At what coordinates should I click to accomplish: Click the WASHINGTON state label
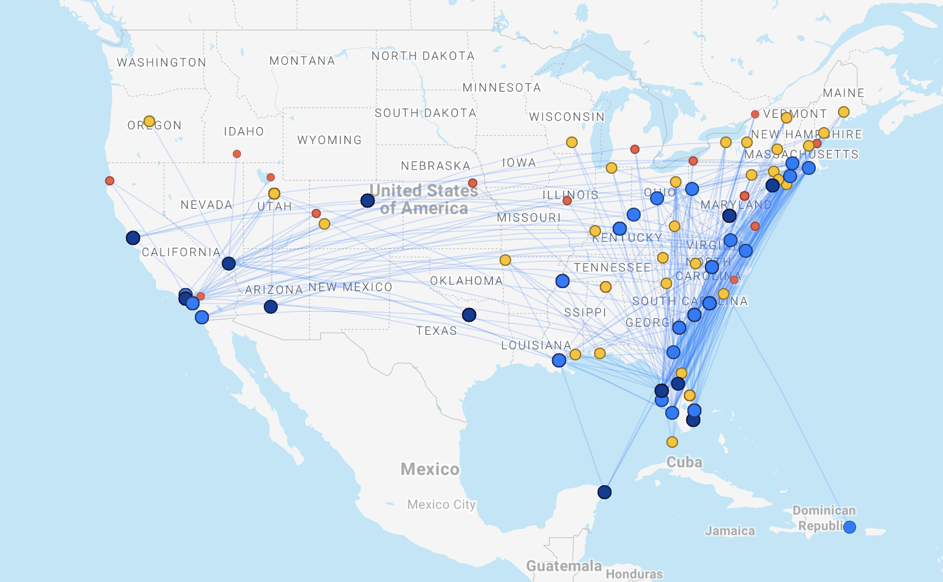click(x=162, y=62)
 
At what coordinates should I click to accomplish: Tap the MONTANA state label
click(x=302, y=61)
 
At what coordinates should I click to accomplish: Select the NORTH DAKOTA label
click(x=423, y=56)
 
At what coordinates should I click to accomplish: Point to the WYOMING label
click(x=330, y=140)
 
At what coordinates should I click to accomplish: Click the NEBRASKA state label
click(x=436, y=166)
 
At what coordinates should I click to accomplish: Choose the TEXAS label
click(x=436, y=331)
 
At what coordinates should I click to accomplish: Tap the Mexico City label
click(x=441, y=504)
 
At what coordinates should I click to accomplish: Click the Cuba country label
click(x=684, y=462)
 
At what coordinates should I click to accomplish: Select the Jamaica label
click(x=730, y=531)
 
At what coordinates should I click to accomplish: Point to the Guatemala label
click(x=564, y=566)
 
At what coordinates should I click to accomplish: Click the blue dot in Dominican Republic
click(x=850, y=527)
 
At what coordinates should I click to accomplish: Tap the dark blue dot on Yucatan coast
click(x=605, y=492)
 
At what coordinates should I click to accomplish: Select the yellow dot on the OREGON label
click(x=149, y=121)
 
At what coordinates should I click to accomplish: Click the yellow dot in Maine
click(x=844, y=112)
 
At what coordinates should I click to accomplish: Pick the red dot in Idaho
click(x=237, y=154)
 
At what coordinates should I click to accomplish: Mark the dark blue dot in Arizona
click(x=271, y=307)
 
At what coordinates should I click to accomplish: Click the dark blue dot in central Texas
click(x=469, y=315)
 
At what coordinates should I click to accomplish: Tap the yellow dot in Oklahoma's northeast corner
click(x=505, y=260)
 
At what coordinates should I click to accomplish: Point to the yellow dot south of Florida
click(x=672, y=442)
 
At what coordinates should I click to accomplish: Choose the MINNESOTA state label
click(x=502, y=87)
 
